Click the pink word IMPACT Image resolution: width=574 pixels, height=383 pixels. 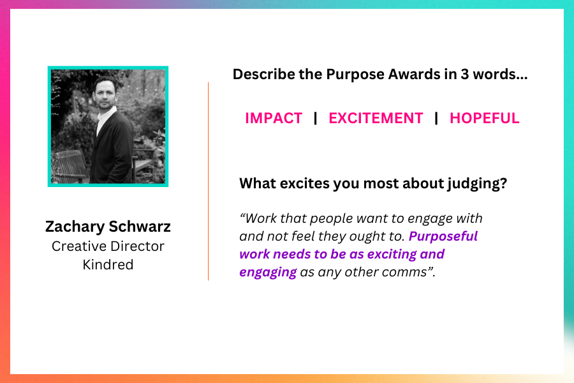click(274, 118)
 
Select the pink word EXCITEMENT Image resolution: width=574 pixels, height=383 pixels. click(376, 118)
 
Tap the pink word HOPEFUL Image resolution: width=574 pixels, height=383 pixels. click(484, 118)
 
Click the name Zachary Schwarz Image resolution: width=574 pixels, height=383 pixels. click(108, 227)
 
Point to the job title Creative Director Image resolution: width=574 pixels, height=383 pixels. click(108, 246)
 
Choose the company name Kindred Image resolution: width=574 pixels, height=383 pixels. click(108, 265)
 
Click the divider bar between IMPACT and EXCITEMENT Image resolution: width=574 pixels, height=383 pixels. click(316, 118)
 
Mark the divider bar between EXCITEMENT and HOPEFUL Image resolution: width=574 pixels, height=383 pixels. click(436, 118)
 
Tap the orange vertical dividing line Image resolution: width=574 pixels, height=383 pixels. click(209, 181)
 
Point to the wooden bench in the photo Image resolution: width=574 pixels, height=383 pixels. click(70, 166)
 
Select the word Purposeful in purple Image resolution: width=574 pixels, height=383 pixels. click(443, 237)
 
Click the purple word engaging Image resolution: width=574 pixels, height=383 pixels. click(268, 273)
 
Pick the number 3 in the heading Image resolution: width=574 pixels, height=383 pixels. click(464, 75)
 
